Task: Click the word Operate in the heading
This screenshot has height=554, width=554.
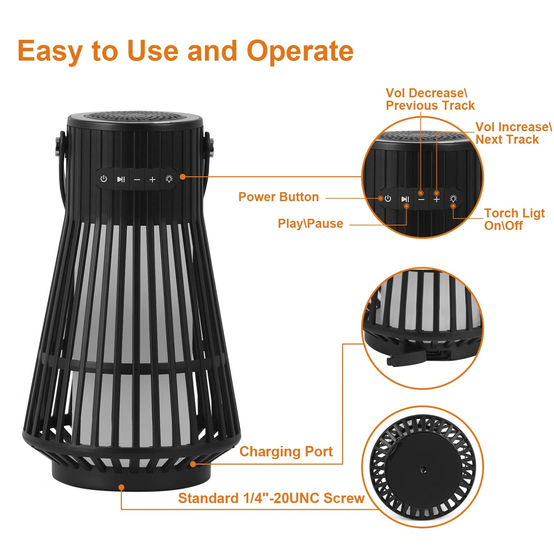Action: point(300,51)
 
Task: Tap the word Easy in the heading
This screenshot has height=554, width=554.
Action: point(50,51)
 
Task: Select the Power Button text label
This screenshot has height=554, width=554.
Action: point(278,197)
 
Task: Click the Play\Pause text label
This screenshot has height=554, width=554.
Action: point(310,224)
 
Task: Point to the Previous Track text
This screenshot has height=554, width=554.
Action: point(430,105)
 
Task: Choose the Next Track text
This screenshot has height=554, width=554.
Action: point(507,140)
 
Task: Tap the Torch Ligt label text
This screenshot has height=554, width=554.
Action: point(514,213)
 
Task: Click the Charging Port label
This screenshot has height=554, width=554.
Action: point(286,452)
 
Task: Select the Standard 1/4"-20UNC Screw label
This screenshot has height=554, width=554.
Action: point(271,498)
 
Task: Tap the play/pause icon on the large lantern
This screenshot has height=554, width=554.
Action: point(121,179)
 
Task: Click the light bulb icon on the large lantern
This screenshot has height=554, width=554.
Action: point(169,179)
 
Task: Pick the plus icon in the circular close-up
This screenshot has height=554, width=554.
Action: point(436,200)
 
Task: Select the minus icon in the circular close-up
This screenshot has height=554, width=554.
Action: point(421,200)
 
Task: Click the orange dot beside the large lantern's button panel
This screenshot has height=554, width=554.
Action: point(183,177)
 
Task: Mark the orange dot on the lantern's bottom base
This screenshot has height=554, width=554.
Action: point(122,487)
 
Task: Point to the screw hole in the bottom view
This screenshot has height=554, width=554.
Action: point(423,469)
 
